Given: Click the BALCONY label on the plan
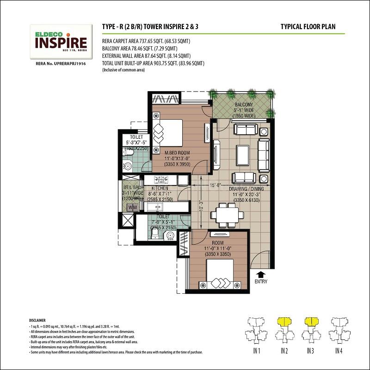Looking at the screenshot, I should pos(243,105).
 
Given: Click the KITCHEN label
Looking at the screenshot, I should pos(160,189).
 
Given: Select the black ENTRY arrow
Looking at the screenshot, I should pos(261,274).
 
